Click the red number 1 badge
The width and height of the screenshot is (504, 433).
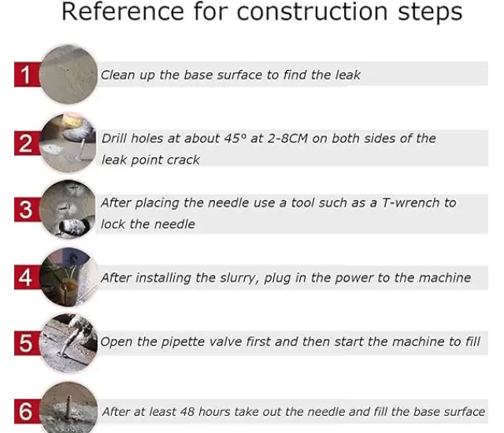point(26,76)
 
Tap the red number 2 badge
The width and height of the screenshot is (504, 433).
point(26,145)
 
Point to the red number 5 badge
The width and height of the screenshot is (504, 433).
point(26,343)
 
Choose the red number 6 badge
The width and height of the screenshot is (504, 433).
point(26,410)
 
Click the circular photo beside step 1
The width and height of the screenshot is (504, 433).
point(69,74)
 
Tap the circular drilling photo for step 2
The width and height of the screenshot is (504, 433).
point(69,143)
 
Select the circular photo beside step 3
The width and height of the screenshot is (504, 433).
point(69,209)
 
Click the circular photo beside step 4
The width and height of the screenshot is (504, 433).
point(69,276)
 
